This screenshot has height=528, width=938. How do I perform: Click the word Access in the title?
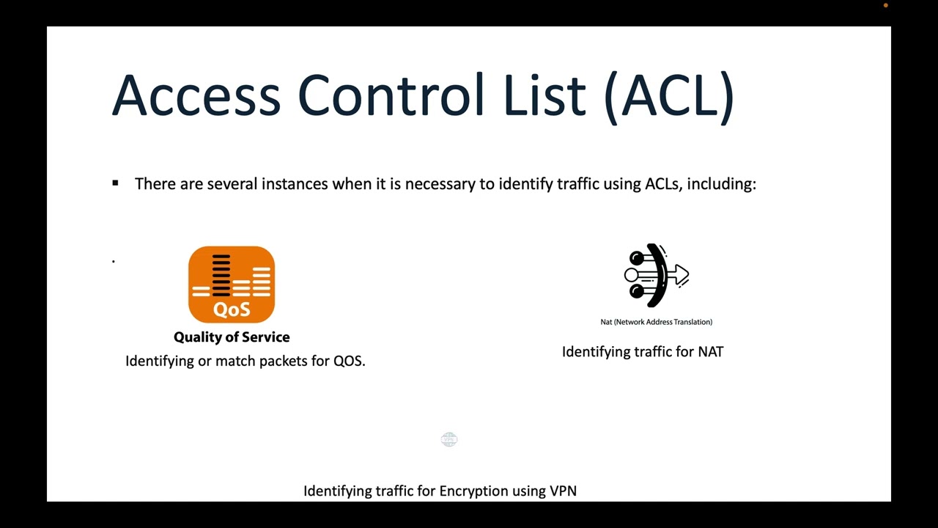pos(196,95)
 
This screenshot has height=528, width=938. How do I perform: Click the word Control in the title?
pos(391,95)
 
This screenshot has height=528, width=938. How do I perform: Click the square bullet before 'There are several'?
pos(115,183)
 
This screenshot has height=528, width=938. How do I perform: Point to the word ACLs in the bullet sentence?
pos(662,183)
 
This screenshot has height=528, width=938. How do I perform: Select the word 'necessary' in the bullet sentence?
pos(440,184)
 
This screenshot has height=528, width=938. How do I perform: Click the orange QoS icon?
pos(232,285)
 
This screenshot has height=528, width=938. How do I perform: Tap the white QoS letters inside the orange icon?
pos(232,309)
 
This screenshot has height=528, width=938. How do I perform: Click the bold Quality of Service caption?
pos(232,337)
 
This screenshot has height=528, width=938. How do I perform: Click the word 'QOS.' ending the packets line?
pos(350,361)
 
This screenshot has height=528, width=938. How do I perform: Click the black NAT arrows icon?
pos(657,276)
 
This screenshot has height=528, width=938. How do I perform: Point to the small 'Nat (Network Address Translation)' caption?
pos(657,322)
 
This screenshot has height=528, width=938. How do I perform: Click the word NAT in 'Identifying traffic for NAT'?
pos(710,352)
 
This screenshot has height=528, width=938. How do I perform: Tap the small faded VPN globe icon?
pos(449,439)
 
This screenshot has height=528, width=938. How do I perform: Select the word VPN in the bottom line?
pos(563,491)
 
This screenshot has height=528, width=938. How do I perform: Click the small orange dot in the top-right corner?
pos(886,5)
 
